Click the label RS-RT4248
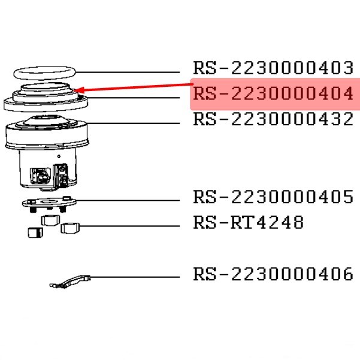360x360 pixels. coord(248,223)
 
